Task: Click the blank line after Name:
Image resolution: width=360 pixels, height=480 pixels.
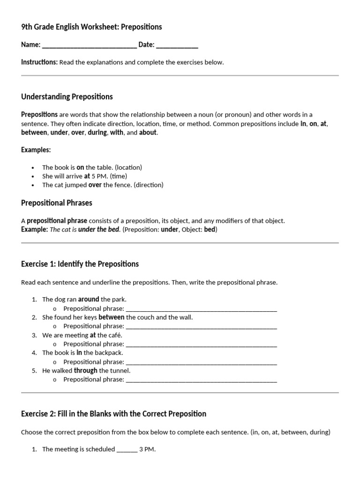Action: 89,45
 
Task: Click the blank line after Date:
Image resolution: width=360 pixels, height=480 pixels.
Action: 177,45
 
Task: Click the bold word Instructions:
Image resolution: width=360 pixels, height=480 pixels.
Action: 39,62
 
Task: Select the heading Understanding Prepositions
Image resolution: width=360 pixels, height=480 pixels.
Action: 67,97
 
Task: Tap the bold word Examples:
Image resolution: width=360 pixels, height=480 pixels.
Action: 36,150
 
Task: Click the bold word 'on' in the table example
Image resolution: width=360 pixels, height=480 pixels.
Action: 80,167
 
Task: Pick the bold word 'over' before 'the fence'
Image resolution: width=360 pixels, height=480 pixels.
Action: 95,185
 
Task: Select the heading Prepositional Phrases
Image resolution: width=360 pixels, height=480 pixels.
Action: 57,203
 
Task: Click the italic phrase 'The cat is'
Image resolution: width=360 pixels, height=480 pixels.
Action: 63,230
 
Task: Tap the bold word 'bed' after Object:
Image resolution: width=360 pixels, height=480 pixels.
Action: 209,230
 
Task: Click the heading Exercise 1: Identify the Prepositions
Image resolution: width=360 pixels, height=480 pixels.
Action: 80,264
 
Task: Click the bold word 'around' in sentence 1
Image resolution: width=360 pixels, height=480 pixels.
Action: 89,300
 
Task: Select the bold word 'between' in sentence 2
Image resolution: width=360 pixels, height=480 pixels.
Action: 112,317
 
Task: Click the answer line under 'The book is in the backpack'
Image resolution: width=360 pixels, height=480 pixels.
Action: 202,362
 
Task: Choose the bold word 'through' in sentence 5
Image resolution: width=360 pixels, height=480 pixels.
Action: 86,371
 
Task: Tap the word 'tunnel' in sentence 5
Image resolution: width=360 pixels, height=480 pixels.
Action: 120,371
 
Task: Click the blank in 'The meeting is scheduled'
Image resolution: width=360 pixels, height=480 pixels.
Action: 127,450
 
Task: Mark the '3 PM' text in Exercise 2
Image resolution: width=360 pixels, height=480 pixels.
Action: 147,450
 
